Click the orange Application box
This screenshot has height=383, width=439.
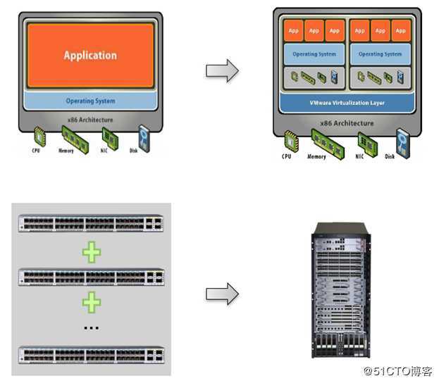(90, 55)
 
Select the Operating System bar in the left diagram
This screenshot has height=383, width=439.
(90, 101)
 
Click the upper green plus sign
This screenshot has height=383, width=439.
(91, 252)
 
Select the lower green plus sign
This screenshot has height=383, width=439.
(91, 302)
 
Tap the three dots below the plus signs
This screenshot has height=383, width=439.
(91, 328)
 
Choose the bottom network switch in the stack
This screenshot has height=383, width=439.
(91, 354)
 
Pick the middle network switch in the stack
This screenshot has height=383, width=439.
(91, 276)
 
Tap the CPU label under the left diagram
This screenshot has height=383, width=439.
(36, 149)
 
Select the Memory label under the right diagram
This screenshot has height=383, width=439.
(316, 156)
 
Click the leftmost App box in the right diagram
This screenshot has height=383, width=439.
(293, 31)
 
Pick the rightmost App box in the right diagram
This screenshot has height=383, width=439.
(400, 31)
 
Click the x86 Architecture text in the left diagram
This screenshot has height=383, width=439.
(90, 120)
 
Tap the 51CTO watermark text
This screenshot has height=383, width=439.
(397, 370)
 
